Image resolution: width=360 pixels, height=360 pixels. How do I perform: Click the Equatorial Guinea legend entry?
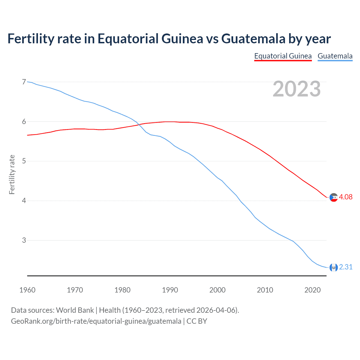283,56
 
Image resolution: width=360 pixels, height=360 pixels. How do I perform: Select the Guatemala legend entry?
335,56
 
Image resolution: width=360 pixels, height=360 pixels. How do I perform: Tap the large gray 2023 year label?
297,89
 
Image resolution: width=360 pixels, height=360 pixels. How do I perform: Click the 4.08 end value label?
346,197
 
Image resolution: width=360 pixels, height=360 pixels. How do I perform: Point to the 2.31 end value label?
346,267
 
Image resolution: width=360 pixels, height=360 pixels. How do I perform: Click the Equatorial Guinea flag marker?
334,197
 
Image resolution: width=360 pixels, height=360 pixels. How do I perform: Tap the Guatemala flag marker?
334,267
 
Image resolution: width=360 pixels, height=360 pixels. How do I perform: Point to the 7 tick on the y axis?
24,82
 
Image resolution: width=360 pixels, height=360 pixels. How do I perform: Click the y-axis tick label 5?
24,161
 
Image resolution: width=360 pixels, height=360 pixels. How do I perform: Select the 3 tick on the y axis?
24,240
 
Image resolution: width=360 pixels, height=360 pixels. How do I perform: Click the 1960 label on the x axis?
27,290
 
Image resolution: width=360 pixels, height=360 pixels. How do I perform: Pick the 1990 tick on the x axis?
170,290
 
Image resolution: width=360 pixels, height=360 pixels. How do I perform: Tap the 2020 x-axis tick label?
312,290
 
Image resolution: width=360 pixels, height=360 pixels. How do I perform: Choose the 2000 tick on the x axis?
217,290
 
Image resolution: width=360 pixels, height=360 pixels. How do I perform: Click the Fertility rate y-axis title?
12,174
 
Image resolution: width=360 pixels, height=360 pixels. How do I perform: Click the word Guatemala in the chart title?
253,39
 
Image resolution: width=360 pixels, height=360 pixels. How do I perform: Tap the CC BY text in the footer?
197,321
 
